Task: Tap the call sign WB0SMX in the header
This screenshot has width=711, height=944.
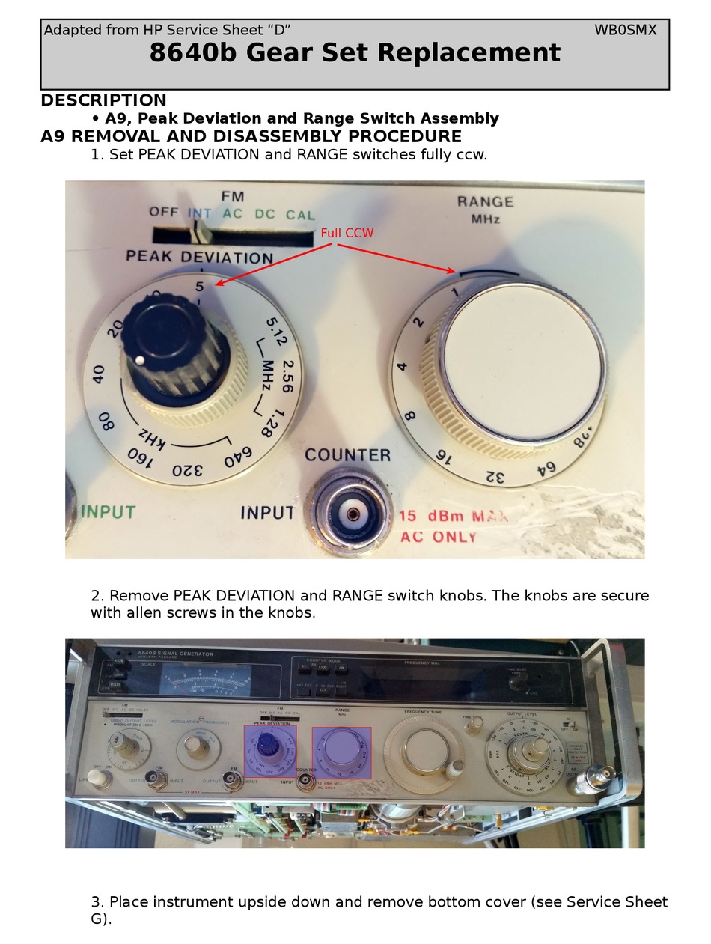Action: (625, 30)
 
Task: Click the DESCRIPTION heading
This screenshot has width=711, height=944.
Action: (103, 100)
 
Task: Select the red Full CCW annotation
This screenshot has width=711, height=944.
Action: (347, 233)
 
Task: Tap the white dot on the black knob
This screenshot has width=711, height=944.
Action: (140, 361)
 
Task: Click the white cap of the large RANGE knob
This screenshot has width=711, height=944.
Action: (522, 361)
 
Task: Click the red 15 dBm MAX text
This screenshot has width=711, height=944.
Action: (453, 516)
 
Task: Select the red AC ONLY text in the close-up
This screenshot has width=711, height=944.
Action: (438, 537)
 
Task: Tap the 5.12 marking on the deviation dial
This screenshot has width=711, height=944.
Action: (275, 331)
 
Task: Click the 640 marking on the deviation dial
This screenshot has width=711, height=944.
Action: (237, 455)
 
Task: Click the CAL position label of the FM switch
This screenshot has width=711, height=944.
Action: (300, 215)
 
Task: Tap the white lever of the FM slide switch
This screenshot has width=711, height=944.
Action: (199, 232)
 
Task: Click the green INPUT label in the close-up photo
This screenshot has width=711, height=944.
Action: (109, 512)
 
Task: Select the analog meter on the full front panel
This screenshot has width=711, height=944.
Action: (206, 682)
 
